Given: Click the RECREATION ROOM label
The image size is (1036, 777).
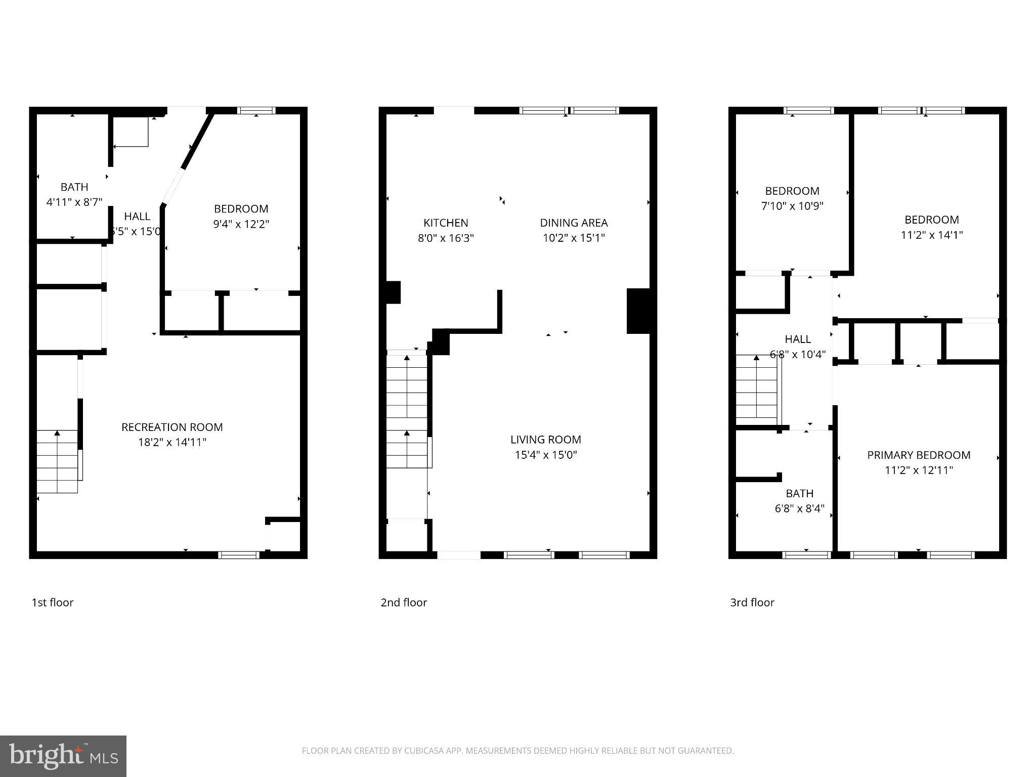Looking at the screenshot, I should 172,427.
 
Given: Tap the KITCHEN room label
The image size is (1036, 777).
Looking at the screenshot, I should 446,223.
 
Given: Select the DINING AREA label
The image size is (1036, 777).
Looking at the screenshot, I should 574,223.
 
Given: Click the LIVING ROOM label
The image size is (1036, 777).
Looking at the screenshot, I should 545,440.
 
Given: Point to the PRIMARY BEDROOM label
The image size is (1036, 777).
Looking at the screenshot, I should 919,455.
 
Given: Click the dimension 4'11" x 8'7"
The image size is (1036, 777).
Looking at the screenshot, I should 74,202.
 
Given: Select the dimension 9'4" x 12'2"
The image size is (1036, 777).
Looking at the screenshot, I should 241,224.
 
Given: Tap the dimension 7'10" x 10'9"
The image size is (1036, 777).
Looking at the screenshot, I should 792,206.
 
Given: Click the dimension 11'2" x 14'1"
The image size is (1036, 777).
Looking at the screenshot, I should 931,235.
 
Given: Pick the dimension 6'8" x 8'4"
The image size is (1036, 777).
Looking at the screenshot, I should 799,508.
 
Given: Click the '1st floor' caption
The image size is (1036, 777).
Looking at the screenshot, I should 53,602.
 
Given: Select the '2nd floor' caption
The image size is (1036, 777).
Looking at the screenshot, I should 404,602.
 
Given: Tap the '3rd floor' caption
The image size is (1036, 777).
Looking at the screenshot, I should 752,602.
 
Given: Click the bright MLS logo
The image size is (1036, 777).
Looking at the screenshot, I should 63,756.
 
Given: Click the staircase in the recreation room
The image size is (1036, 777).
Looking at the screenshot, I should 57,461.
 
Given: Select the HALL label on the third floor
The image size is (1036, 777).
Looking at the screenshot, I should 798,339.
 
